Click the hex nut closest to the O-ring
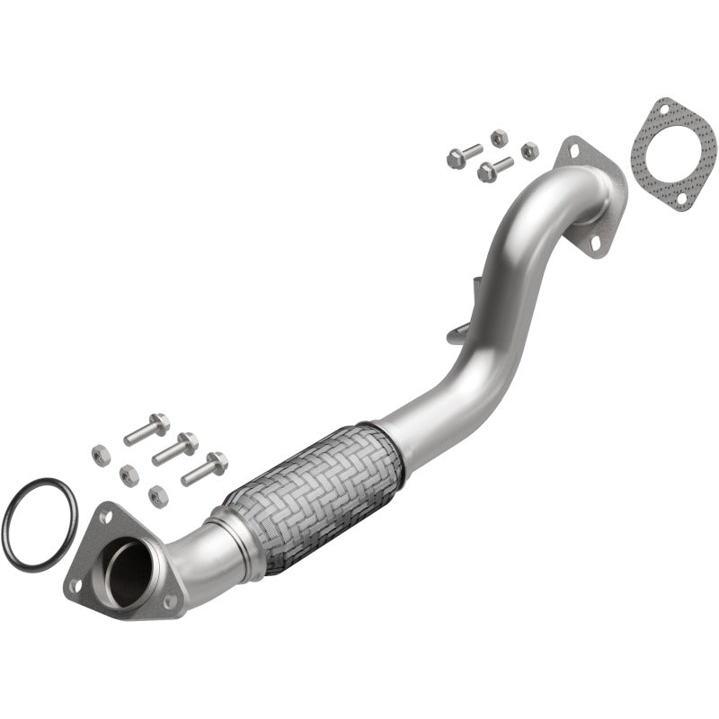101,453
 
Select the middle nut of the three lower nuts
129,474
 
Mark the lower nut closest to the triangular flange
158,495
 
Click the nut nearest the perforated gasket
529,151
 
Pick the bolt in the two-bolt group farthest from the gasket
464,156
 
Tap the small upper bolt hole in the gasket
663,109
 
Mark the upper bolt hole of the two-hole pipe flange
569,152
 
